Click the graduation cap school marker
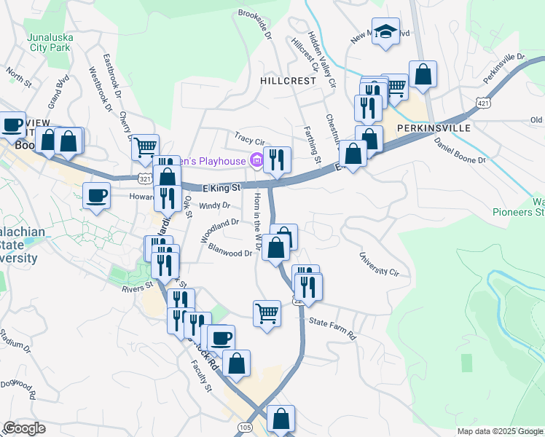click(385, 32)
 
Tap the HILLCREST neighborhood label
click(289, 81)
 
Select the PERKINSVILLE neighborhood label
click(434, 127)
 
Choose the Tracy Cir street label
click(248, 136)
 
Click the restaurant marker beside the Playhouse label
click(276, 160)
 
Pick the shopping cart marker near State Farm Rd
click(267, 313)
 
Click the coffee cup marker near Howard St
click(97, 195)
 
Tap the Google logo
click(24, 428)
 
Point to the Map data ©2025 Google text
click(499, 431)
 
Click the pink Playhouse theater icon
click(256, 160)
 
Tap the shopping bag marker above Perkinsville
click(423, 74)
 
